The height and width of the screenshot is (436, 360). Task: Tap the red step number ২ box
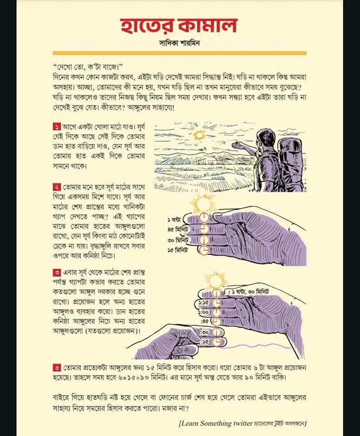tap(57, 187)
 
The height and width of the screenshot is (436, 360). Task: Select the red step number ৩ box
tap(57, 273)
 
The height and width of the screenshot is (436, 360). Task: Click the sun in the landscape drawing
tap(199, 135)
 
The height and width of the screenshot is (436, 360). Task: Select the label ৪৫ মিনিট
tap(182, 229)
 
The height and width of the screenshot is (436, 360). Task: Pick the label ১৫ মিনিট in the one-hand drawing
tap(182, 249)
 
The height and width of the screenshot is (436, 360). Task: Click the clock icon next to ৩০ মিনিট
tap(204, 239)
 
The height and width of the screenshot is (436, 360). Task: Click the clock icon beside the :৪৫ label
tap(217, 322)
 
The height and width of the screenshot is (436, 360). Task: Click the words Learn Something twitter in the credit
tap(213, 423)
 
